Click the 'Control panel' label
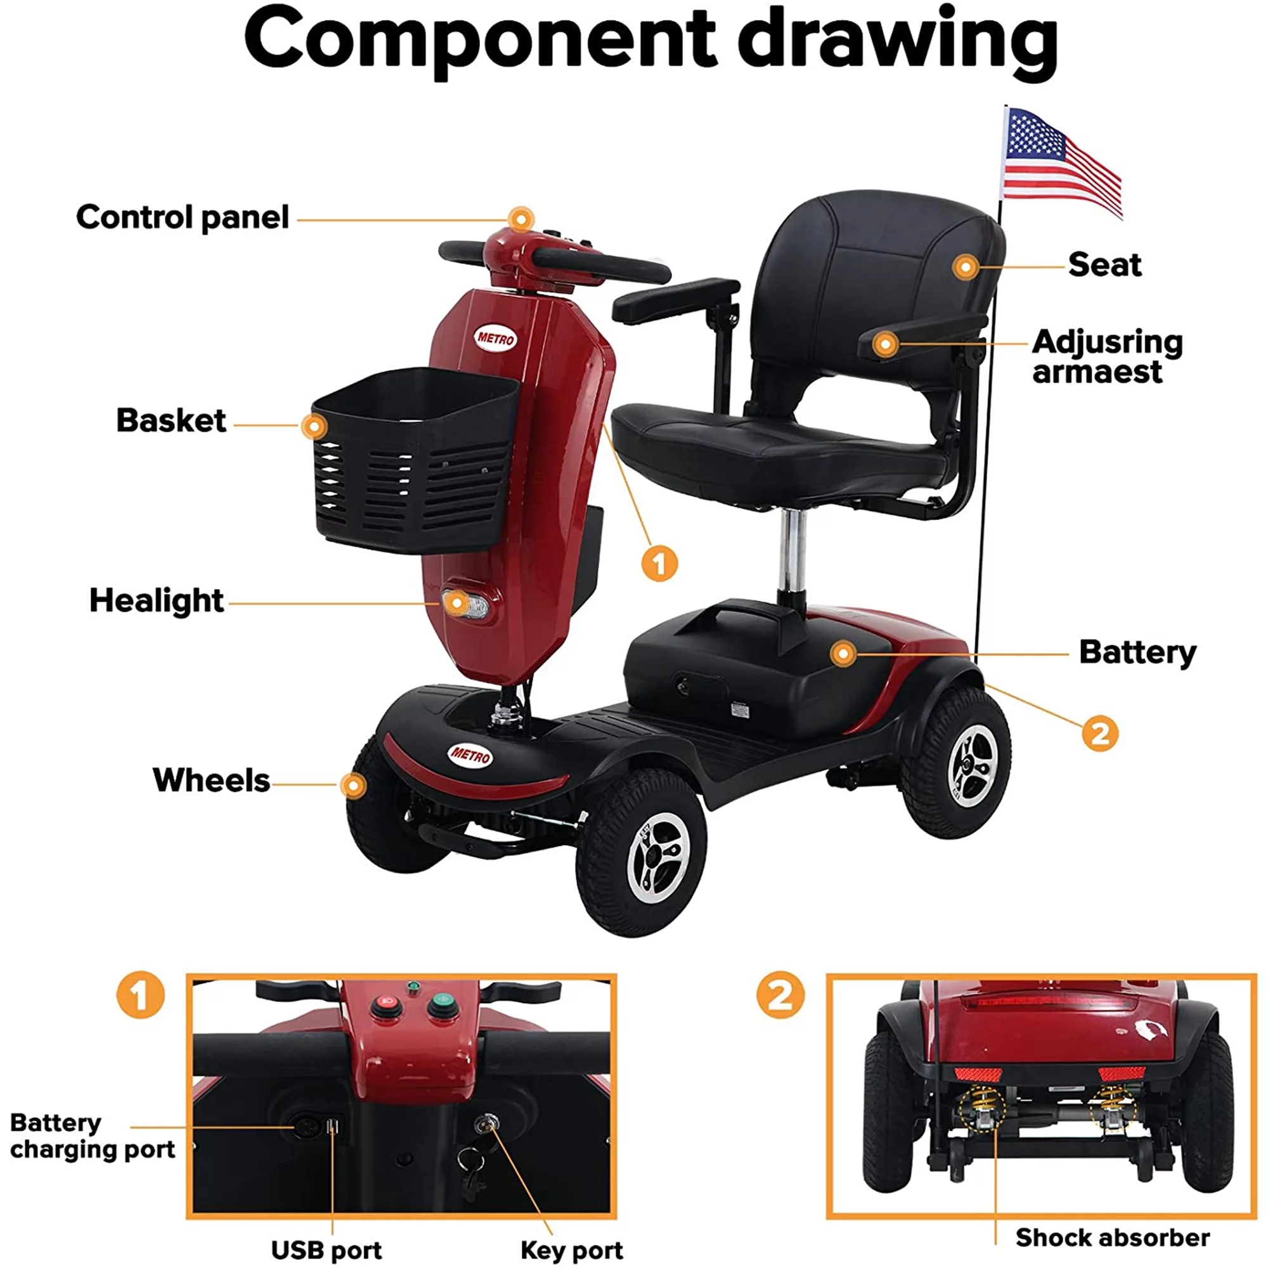(x=183, y=217)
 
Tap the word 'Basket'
(x=171, y=420)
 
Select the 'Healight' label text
(x=156, y=600)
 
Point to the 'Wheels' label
(x=210, y=780)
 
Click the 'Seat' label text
(x=1104, y=264)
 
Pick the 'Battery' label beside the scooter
(x=1137, y=652)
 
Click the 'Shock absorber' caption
(x=1113, y=1238)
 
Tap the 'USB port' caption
(x=326, y=1250)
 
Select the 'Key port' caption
(x=572, y=1250)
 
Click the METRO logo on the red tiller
(x=496, y=339)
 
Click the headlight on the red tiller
(x=466, y=604)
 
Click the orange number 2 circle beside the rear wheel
(x=1100, y=733)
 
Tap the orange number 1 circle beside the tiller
(x=659, y=563)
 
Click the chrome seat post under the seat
(x=792, y=552)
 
